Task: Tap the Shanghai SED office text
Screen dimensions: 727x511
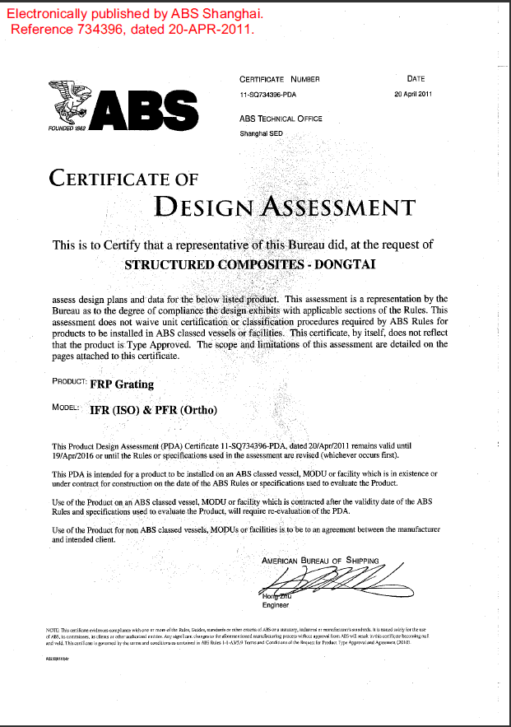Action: pos(261,132)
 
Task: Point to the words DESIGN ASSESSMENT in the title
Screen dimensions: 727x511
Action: pos(285,205)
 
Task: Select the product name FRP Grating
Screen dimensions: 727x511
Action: pos(122,384)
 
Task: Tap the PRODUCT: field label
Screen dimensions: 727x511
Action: pos(69,382)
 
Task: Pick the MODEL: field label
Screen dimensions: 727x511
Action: pos(64,408)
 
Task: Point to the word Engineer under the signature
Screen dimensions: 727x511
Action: pos(276,605)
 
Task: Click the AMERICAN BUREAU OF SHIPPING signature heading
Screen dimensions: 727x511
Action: pos(320,561)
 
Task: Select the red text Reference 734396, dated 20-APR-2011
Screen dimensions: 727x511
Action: pos(132,30)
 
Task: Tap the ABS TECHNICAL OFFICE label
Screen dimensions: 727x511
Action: pos(281,119)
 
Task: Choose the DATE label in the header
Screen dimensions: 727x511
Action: pos(416,79)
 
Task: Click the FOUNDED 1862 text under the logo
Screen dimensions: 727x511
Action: pos(67,128)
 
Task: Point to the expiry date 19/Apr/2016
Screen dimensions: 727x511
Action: pos(74,454)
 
